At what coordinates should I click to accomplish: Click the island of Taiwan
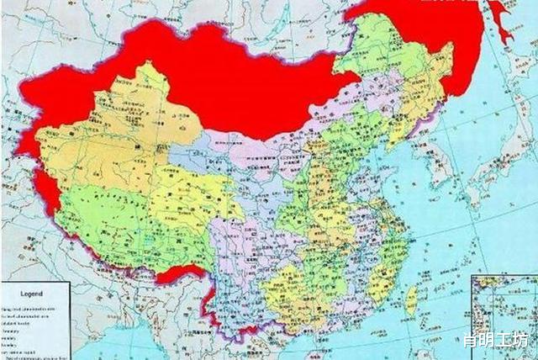pyautogui.click(x=411, y=299)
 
